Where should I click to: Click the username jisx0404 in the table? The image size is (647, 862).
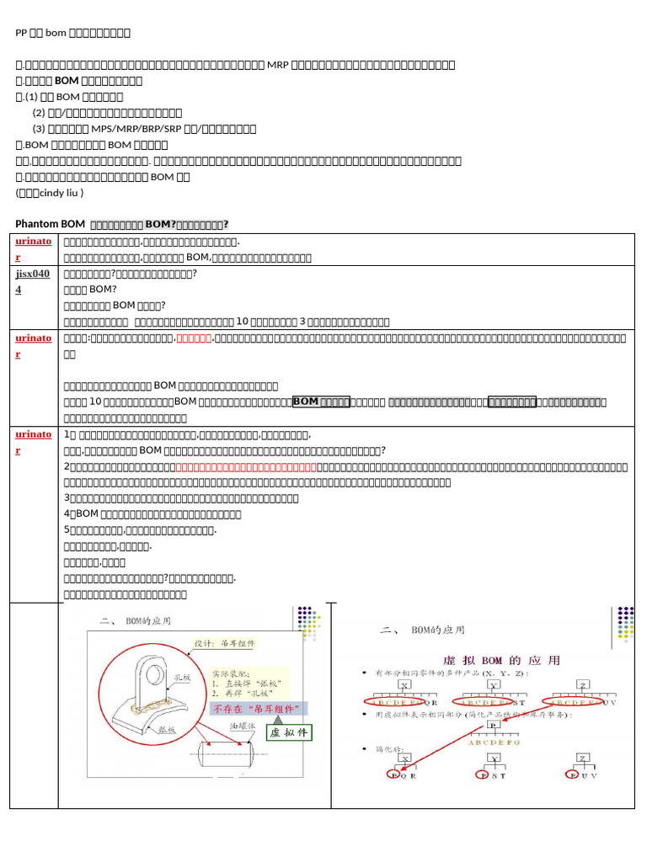pyautogui.click(x=33, y=280)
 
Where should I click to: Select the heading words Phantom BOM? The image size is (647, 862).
pyautogui.click(x=51, y=224)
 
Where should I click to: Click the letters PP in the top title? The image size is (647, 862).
pyautogui.click(x=22, y=33)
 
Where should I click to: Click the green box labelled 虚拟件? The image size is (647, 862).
pyautogui.click(x=289, y=733)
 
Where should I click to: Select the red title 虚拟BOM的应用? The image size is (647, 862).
pyautogui.click(x=495, y=660)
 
